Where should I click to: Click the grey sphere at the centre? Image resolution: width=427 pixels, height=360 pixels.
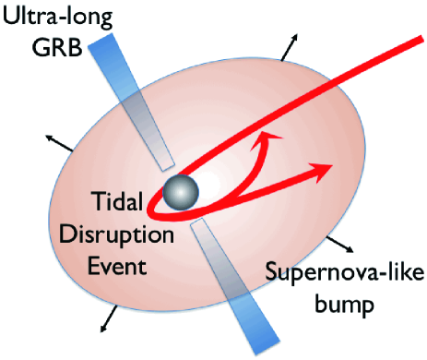pyautogui.click(x=182, y=193)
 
